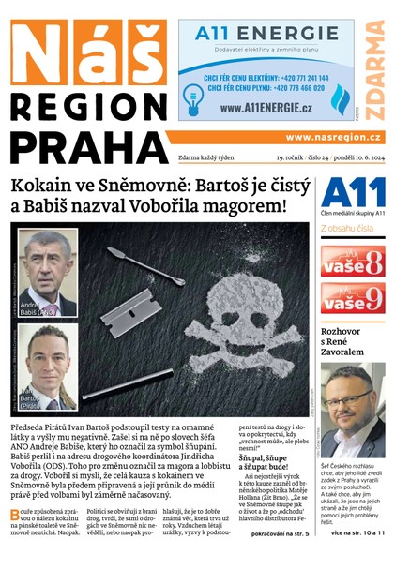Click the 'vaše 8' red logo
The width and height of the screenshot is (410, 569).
click(352, 262)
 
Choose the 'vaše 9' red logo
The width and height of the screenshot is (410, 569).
click(352, 299)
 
